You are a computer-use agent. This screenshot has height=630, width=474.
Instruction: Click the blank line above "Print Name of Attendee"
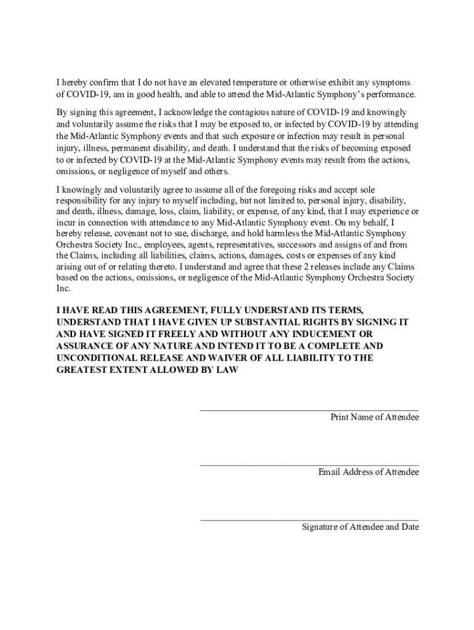[309, 409]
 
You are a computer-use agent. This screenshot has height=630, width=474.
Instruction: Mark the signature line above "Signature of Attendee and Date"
[309, 520]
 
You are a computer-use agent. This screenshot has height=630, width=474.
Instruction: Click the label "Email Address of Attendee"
[368, 472]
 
